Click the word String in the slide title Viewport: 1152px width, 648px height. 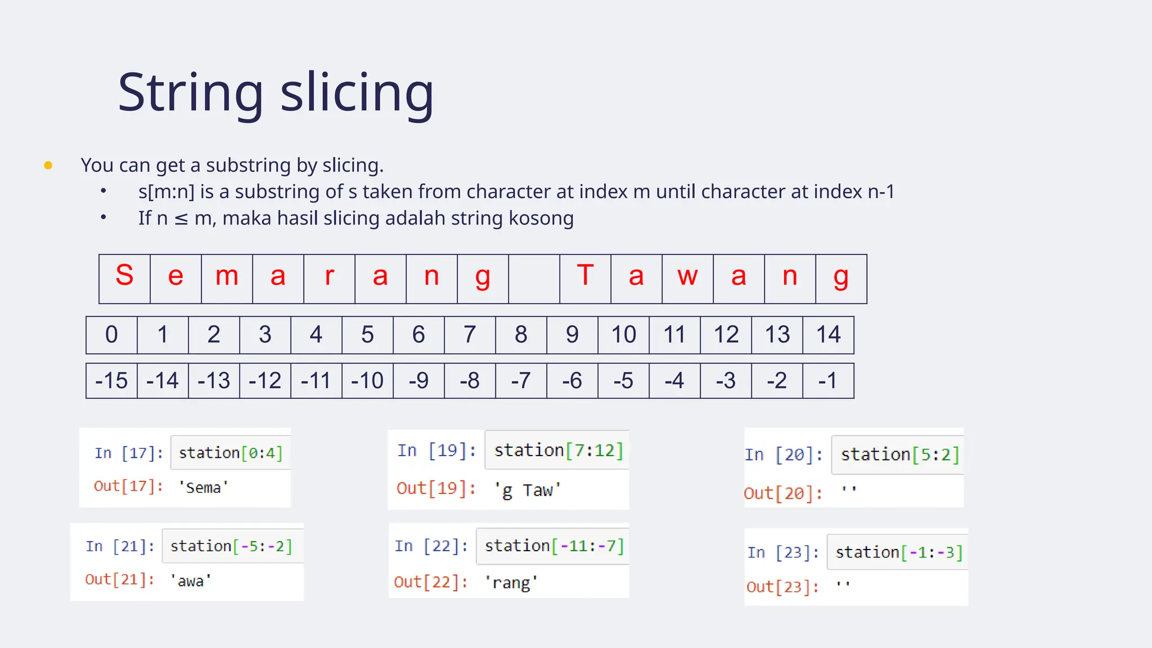pos(190,93)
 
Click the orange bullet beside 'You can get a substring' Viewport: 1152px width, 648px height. pos(48,165)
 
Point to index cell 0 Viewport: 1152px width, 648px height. pos(111,335)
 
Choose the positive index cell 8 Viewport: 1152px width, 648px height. pos(521,335)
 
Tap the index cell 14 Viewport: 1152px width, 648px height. pos(828,335)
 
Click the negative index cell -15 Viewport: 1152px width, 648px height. pos(111,381)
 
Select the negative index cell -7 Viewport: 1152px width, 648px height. pos(521,381)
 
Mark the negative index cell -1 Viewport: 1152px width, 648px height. pos(828,381)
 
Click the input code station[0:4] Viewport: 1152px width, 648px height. pos(231,453)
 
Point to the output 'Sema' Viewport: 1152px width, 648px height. pos(203,488)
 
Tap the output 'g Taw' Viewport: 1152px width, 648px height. pos(527,490)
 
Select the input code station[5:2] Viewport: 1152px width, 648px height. pos(899,454)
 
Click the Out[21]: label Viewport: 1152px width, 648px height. pos(120,579)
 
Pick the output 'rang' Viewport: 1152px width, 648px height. pos(511,582)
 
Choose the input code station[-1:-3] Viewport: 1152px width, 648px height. pos(899,552)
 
